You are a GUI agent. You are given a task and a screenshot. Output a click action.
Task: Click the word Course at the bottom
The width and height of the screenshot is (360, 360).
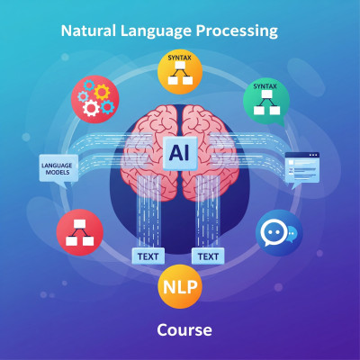click(184, 329)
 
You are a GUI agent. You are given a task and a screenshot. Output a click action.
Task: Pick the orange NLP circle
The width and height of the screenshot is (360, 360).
click(180, 286)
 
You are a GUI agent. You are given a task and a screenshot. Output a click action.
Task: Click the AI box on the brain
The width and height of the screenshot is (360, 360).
click(180, 153)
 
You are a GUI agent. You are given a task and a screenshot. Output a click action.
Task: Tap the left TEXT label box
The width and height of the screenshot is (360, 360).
click(148, 256)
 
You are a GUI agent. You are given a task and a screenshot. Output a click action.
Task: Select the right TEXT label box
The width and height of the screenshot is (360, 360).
click(208, 256)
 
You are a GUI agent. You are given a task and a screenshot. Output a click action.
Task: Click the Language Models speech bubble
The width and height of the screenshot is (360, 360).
click(58, 170)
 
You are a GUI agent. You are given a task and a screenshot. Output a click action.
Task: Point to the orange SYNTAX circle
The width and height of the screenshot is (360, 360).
click(180, 71)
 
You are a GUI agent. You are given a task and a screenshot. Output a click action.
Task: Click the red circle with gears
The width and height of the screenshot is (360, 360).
click(95, 99)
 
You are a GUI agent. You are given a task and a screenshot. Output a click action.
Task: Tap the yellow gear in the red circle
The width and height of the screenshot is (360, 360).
click(102, 92)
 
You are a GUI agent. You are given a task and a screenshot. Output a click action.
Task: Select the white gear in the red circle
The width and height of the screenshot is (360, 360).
click(91, 108)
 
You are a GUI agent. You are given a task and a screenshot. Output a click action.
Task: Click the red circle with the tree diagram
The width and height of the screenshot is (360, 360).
click(80, 232)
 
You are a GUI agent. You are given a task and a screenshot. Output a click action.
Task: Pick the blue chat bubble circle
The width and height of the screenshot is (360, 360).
click(279, 233)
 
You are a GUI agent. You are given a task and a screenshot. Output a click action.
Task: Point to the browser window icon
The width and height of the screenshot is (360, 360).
click(302, 170)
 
